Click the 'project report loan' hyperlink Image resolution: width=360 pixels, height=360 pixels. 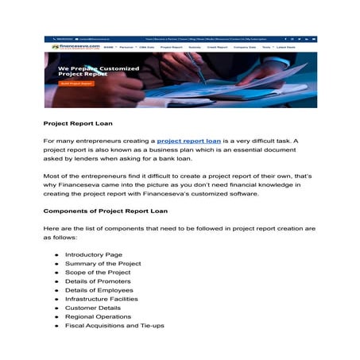click(x=188, y=141)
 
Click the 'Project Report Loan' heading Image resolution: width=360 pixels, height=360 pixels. click(x=78, y=123)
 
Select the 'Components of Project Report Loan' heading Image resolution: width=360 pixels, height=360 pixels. click(x=105, y=211)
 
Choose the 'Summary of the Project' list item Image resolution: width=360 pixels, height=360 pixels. click(x=103, y=263)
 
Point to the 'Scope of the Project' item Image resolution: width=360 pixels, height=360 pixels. click(x=98, y=272)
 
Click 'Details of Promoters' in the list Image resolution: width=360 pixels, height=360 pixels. click(x=99, y=281)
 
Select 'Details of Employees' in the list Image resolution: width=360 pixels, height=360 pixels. click(x=99, y=290)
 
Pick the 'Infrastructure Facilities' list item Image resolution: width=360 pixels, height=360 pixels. click(x=101, y=299)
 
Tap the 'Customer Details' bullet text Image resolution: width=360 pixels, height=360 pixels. click(x=91, y=308)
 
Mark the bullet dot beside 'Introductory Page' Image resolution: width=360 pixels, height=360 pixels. click(x=57, y=254)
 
